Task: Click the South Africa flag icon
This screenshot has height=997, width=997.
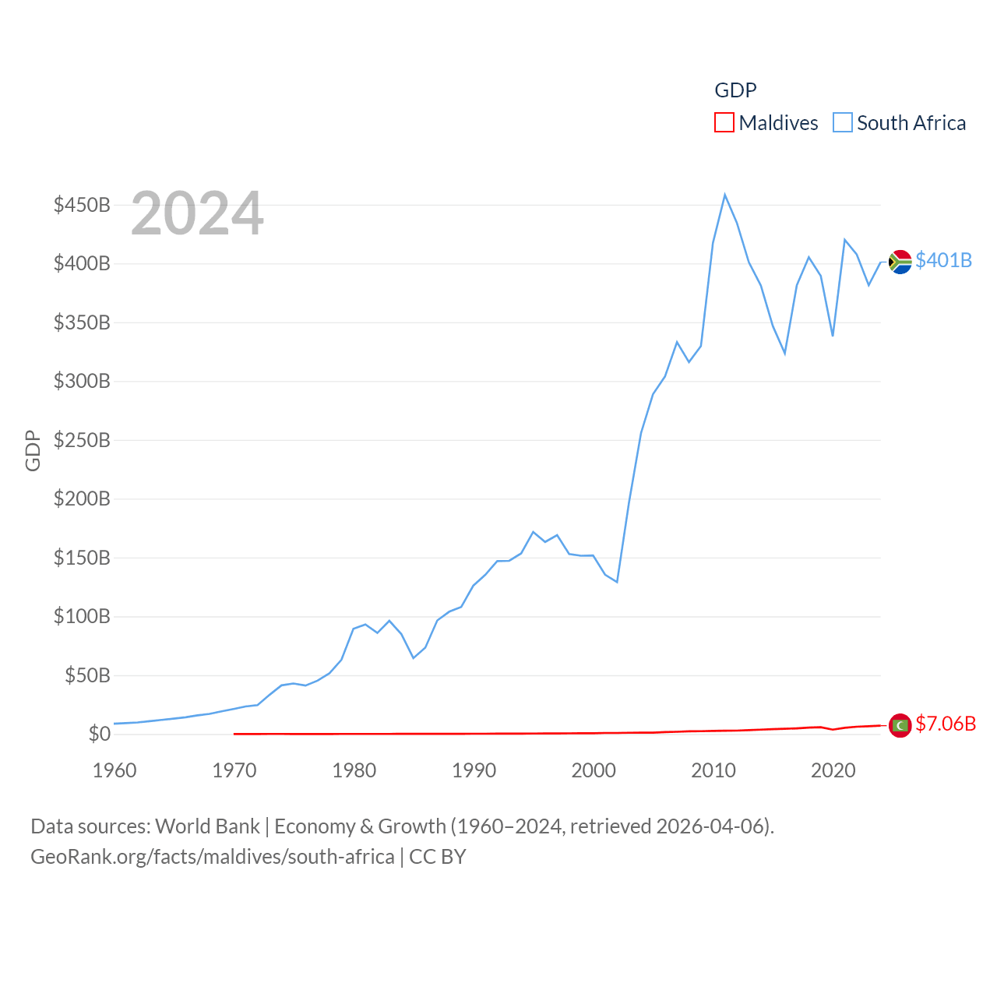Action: point(900,262)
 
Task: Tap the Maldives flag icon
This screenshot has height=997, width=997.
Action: point(900,725)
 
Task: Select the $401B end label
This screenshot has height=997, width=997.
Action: point(943,260)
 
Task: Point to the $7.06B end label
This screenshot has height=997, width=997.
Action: point(946,724)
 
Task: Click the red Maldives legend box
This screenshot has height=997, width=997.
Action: point(724,123)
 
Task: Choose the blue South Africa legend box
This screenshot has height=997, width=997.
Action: point(843,123)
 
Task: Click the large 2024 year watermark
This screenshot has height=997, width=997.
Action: point(197,213)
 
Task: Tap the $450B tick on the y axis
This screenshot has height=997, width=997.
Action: point(82,205)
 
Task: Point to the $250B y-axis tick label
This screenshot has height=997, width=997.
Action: point(82,440)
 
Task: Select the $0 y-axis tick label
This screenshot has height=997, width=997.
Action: point(99,734)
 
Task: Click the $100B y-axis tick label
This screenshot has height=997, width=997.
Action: point(82,616)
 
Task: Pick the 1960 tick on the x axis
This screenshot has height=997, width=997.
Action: point(114,770)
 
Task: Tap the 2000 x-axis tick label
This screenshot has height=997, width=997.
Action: point(594,770)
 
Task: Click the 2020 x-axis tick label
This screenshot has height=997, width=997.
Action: point(833,770)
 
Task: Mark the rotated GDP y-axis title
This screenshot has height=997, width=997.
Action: point(33,450)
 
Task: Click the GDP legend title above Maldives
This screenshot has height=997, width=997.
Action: point(735,90)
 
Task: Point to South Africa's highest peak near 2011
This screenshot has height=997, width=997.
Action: point(724,195)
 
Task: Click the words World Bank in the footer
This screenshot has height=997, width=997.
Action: point(208,826)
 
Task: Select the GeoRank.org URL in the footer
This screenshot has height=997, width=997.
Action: point(213,857)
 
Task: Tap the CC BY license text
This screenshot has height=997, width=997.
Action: point(438,857)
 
